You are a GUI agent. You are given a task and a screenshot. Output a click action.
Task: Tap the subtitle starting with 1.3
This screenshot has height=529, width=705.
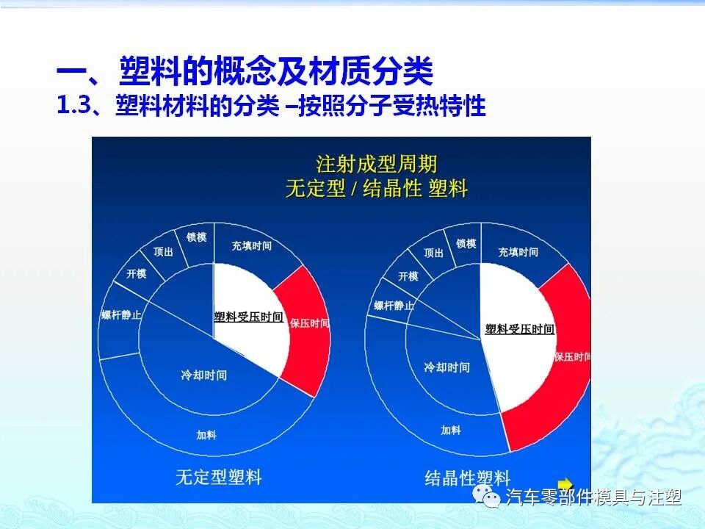pyautogui.click(x=271, y=106)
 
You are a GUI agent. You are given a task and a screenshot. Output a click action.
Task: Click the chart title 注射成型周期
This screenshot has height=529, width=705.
pyautogui.click(x=376, y=163)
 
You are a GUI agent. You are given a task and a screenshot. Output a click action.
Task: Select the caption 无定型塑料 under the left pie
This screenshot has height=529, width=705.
pyautogui.click(x=218, y=477)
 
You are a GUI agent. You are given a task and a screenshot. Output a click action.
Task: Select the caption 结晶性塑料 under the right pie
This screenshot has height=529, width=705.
pyautogui.click(x=467, y=478)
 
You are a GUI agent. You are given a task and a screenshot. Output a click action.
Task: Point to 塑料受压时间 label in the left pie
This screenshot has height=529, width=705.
pyautogui.click(x=248, y=317)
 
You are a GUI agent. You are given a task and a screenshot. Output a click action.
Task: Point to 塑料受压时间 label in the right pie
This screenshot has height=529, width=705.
pyautogui.click(x=519, y=329)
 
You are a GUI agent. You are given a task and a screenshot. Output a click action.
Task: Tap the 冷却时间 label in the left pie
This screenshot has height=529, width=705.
pyautogui.click(x=204, y=375)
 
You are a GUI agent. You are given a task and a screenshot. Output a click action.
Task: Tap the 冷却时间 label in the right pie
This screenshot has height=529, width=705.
pyautogui.click(x=447, y=367)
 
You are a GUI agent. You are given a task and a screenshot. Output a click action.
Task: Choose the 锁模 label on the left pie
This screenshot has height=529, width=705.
pyautogui.click(x=196, y=237)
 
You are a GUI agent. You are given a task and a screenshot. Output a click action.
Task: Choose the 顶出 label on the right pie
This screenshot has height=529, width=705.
pyautogui.click(x=434, y=253)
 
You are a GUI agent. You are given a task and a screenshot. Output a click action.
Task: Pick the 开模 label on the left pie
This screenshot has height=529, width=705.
pyautogui.click(x=137, y=274)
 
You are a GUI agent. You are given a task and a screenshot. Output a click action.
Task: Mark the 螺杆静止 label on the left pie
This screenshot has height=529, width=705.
pyautogui.click(x=122, y=315)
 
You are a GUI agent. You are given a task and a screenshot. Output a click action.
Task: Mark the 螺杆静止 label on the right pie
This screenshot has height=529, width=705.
pyautogui.click(x=394, y=306)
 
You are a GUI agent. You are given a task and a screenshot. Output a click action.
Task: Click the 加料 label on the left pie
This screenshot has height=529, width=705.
pyautogui.click(x=206, y=435)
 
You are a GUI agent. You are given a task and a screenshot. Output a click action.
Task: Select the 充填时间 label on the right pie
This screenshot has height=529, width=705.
pyautogui.click(x=518, y=252)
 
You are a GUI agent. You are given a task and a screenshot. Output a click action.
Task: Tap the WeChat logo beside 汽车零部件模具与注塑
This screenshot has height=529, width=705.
pyautogui.click(x=488, y=497)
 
